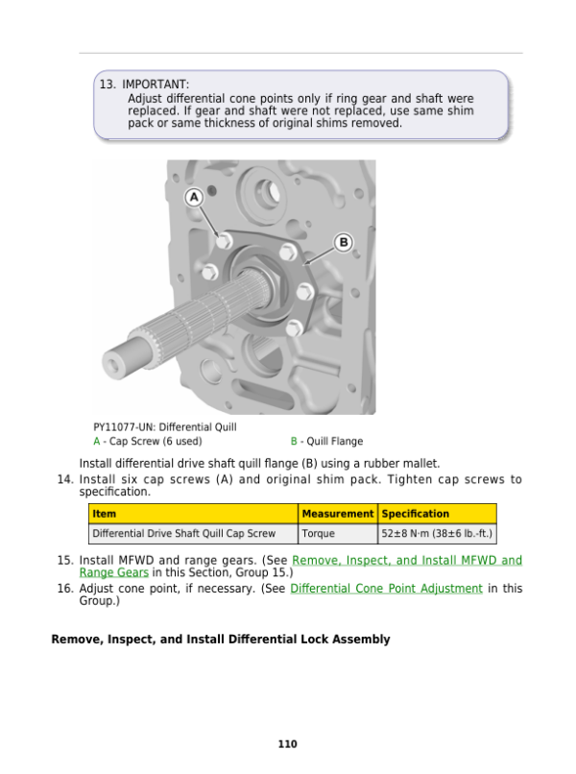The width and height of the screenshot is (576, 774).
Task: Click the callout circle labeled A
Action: click(x=193, y=196)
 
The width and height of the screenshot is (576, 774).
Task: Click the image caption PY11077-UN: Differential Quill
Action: click(x=165, y=426)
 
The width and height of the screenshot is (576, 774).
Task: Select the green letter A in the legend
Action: click(x=96, y=442)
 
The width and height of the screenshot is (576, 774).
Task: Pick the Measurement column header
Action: click(x=337, y=514)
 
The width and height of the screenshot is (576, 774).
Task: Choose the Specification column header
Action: click(x=415, y=514)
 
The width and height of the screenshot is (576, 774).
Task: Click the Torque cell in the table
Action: click(x=318, y=533)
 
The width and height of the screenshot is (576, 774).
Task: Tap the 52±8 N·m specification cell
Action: click(x=437, y=533)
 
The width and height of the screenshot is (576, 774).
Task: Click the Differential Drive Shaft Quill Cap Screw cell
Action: click(x=183, y=533)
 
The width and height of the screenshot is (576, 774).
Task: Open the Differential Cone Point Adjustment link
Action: click(x=386, y=589)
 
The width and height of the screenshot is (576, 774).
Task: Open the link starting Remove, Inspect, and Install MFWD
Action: click(x=406, y=560)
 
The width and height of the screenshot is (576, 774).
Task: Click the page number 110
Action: click(x=287, y=744)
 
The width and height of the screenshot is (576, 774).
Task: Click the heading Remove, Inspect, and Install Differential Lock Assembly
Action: click(x=221, y=639)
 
